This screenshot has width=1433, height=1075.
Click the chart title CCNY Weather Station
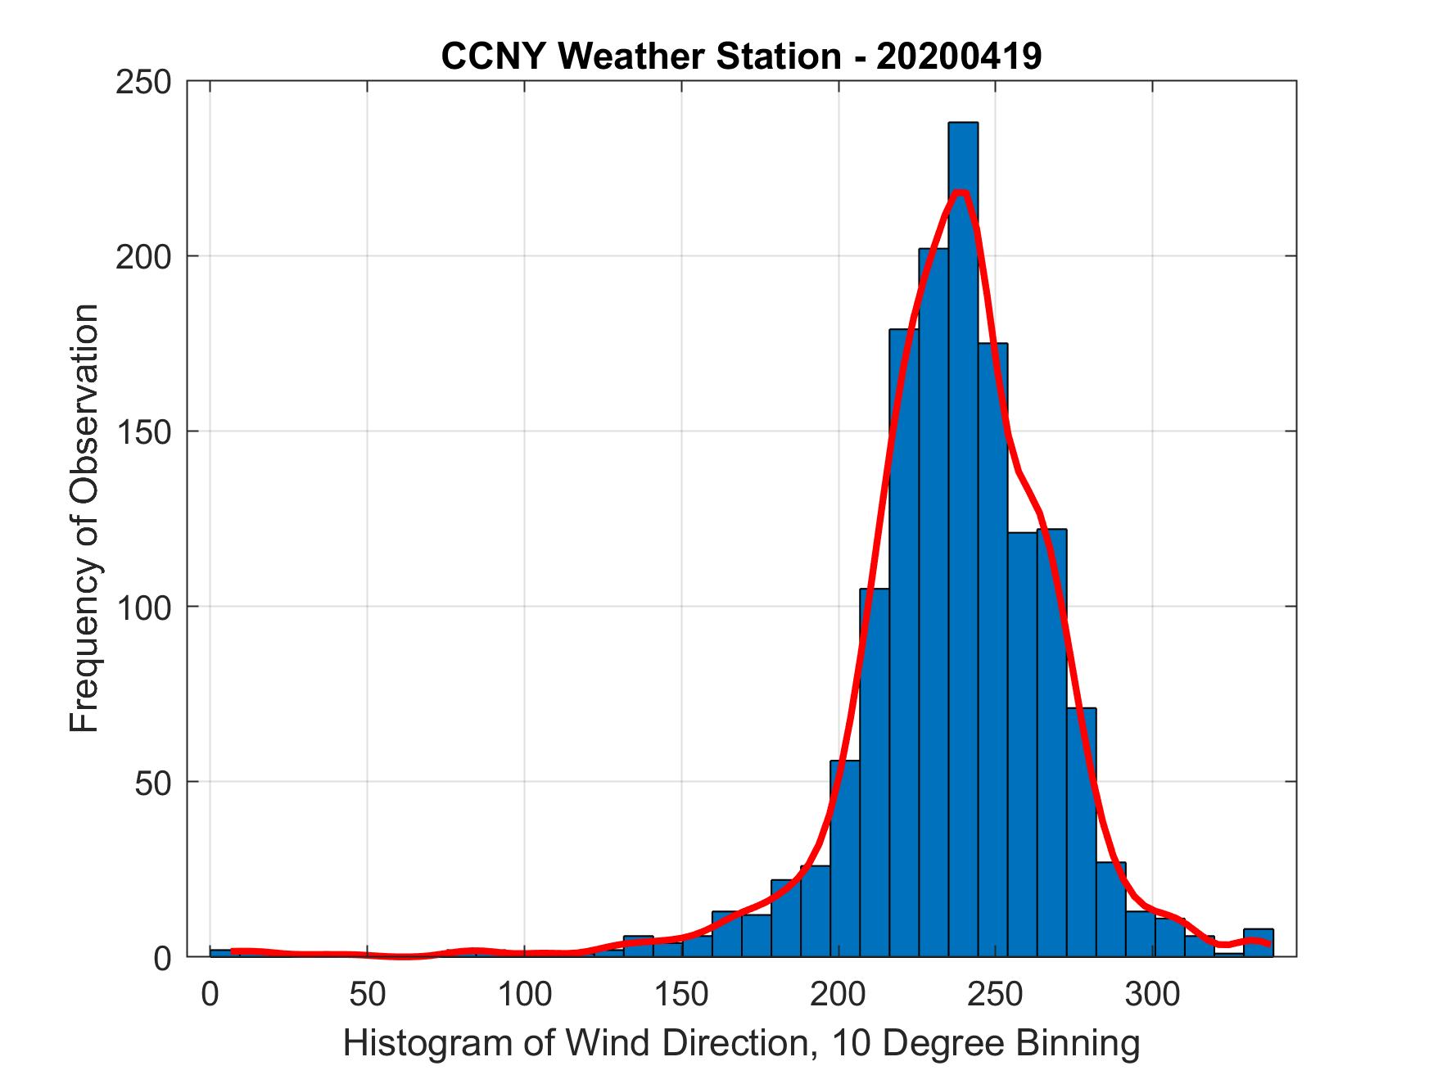640,56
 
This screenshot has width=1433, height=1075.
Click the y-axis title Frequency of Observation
84,519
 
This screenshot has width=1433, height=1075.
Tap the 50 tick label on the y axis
152,782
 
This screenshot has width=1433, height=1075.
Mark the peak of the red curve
961,192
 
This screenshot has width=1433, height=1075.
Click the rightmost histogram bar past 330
1258,943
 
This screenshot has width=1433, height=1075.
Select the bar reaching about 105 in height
874,770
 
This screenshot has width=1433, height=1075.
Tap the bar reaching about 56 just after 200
844,860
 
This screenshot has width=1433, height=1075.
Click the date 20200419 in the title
959,56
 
